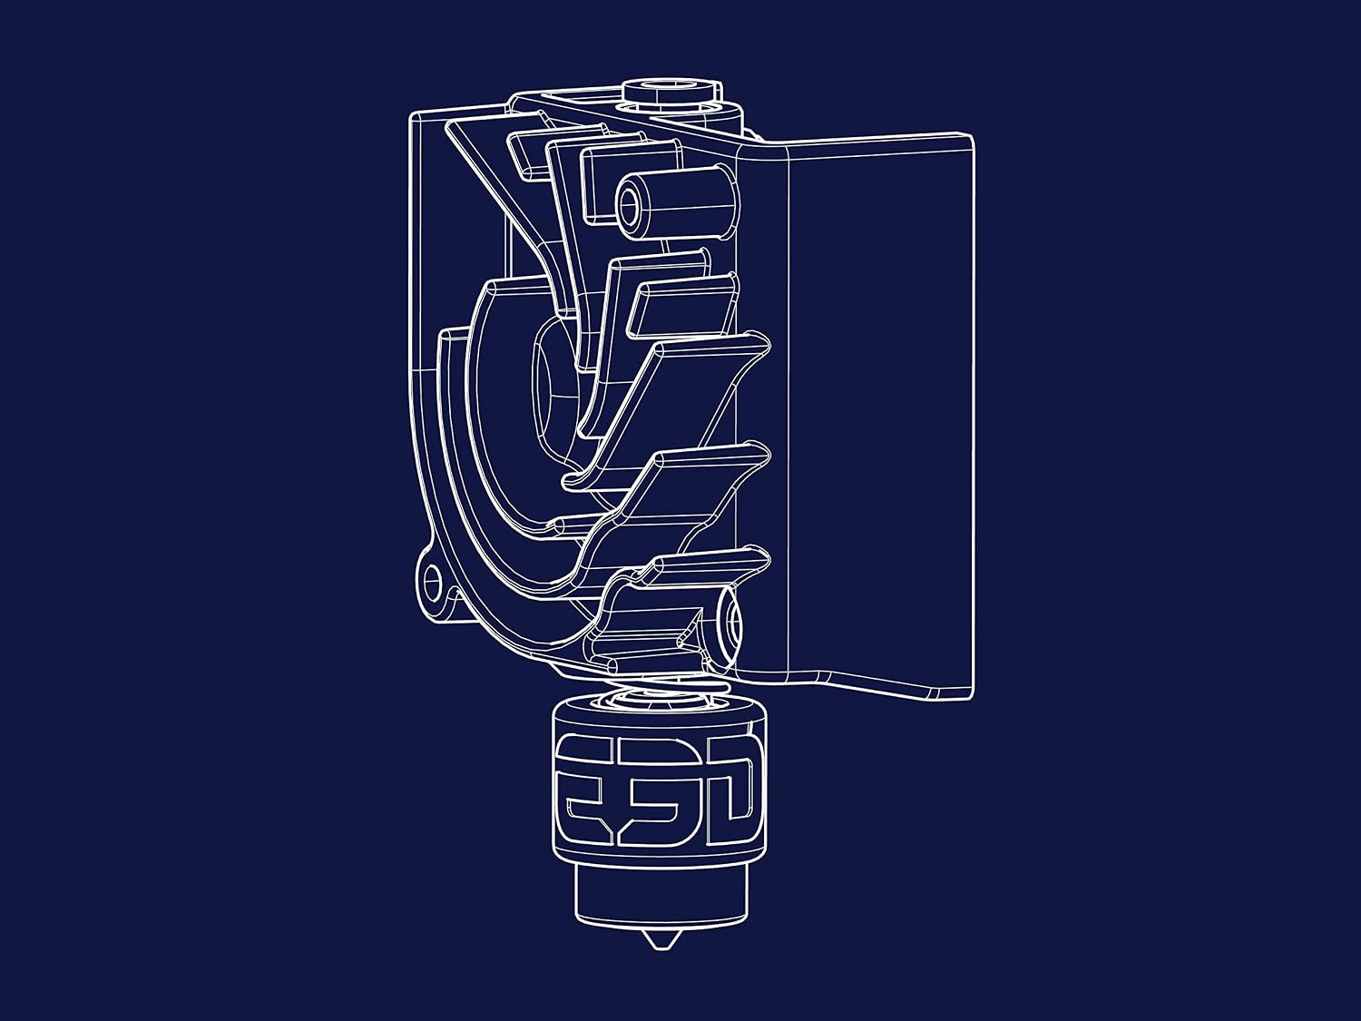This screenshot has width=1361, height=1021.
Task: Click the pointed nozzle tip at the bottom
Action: pos(659,939)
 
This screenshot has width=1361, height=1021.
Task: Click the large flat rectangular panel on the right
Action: pos(880,417)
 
